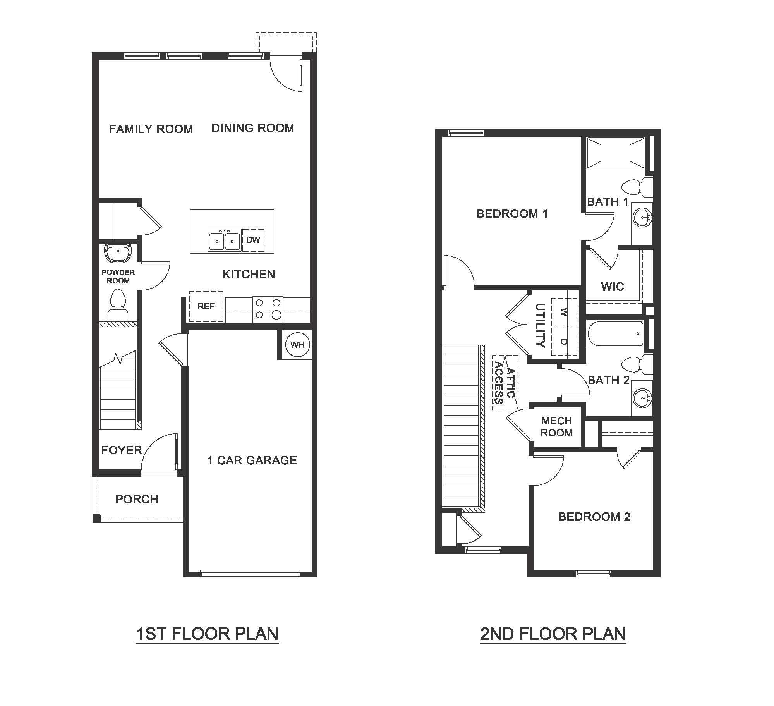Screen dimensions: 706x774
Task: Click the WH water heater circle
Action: pos(297,345)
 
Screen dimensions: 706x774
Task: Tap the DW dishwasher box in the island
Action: pos(253,240)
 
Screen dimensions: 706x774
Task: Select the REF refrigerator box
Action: pos(206,306)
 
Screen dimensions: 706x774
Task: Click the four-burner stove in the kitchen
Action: pos(268,309)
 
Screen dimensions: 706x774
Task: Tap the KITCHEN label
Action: pos(249,275)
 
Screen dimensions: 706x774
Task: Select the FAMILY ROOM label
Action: pos(151,129)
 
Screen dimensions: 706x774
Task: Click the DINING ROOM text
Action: pos(253,128)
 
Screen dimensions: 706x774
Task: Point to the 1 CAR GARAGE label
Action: pos(252,460)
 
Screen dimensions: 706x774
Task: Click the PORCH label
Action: pos(137,499)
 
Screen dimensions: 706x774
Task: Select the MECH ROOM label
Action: pos(556,427)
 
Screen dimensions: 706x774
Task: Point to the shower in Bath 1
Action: pos(615,153)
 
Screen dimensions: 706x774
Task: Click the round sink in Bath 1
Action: pos(642,218)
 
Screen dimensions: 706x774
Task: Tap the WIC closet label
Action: pos(613,287)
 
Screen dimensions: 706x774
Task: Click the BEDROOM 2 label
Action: pos(594,517)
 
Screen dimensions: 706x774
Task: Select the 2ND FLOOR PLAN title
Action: pos(553,634)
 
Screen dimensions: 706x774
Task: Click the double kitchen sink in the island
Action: pos(224,240)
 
